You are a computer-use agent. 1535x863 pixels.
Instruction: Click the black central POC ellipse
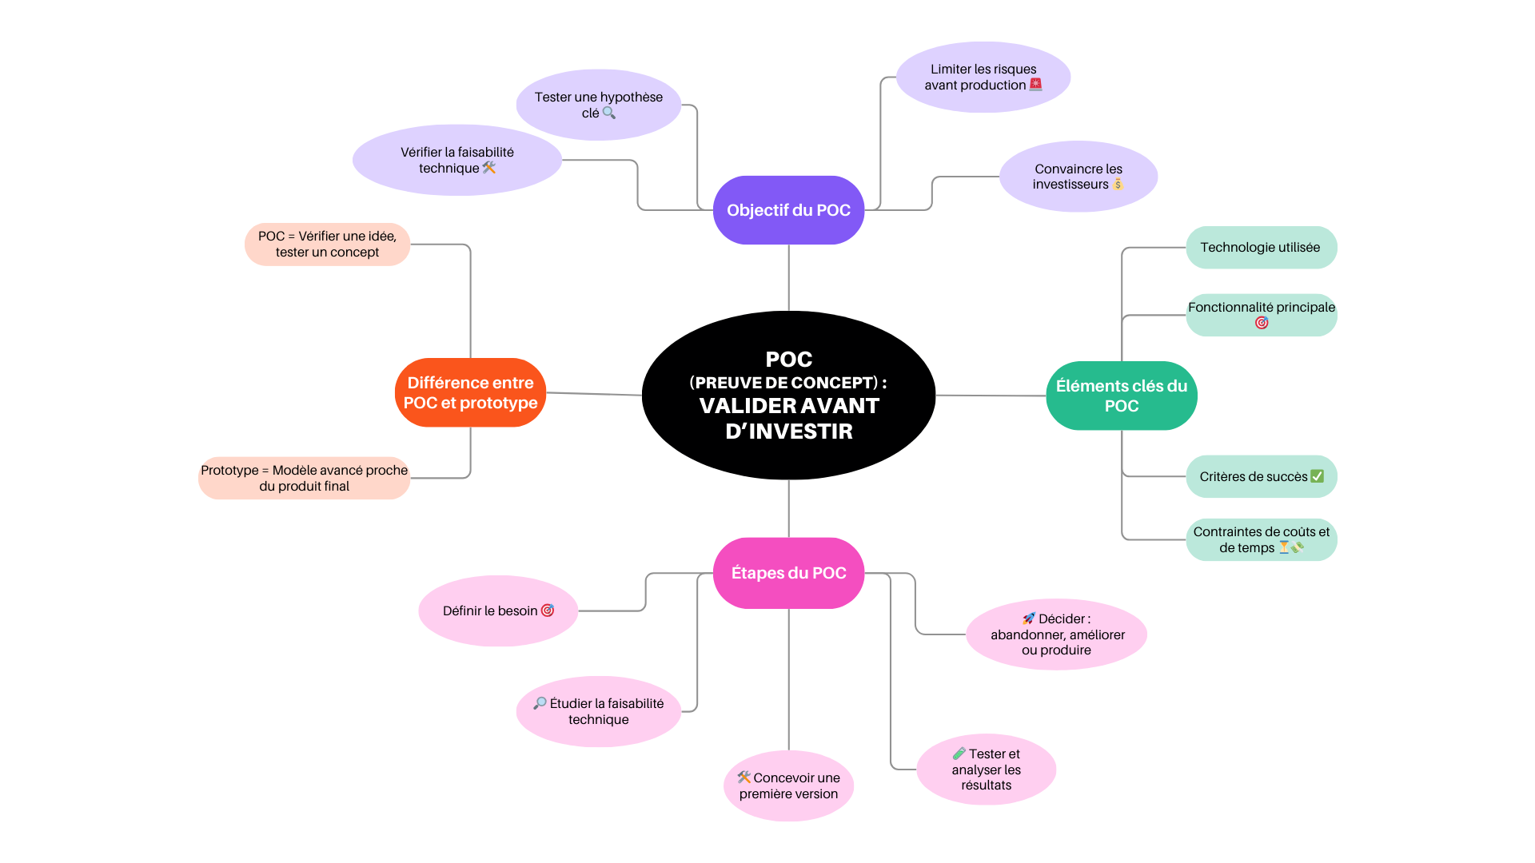[x=788, y=395]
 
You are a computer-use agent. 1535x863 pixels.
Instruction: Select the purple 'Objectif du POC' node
[x=788, y=210]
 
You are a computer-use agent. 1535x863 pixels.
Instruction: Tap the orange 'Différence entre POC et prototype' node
[x=470, y=392]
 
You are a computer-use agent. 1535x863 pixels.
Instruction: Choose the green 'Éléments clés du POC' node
[x=1121, y=396]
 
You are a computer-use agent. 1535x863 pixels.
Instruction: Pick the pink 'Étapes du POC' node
[x=788, y=573]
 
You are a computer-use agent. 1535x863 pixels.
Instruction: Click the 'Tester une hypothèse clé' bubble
[x=598, y=105]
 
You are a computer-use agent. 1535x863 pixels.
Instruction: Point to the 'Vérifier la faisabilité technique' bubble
[x=457, y=160]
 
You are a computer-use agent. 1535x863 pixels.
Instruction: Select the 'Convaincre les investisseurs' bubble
[x=1078, y=177]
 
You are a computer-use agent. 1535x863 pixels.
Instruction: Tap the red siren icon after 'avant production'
[x=1036, y=84]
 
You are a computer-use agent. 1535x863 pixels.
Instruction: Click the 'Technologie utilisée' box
[x=1261, y=248]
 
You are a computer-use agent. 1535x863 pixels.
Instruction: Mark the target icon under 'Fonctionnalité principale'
[x=1262, y=323]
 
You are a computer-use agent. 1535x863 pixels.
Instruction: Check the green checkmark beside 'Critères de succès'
[x=1317, y=476]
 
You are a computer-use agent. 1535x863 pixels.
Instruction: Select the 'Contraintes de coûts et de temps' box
[x=1261, y=539]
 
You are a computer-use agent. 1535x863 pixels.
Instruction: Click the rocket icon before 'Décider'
[x=1029, y=618]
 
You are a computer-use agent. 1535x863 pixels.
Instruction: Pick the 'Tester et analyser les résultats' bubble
[x=986, y=769]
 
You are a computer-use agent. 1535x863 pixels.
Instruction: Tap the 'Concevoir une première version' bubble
[x=788, y=785]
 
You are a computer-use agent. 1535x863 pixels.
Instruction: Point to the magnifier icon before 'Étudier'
[x=540, y=703]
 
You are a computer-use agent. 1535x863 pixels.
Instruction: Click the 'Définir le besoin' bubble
[x=497, y=610]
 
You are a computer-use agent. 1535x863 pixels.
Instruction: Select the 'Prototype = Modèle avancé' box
[x=304, y=478]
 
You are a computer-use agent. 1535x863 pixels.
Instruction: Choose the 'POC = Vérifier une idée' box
[x=327, y=244]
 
